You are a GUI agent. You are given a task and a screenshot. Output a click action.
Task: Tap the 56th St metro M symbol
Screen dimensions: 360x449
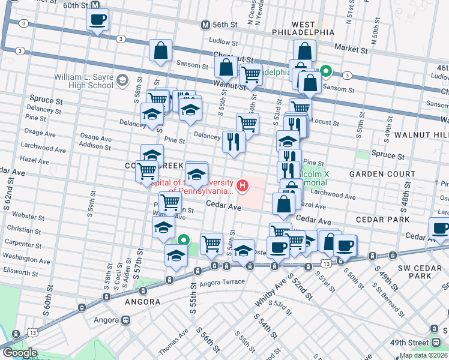[206, 25]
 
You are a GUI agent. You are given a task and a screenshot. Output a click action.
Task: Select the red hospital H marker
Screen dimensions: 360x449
[243, 186]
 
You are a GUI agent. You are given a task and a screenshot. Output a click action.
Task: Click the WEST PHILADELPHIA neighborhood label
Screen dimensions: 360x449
[303, 27]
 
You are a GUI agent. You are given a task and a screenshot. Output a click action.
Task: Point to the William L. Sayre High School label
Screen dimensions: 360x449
[84, 81]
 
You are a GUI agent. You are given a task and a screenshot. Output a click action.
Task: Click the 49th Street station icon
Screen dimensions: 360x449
[434, 329]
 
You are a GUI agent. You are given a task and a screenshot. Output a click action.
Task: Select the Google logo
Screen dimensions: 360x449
[19, 353]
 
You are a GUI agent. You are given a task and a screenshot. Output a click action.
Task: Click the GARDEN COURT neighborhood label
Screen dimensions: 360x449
[382, 174]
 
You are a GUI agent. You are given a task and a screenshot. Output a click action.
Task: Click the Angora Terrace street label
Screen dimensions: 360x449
[223, 281]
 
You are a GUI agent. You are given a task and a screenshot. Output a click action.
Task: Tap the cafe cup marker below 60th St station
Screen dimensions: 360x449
[97, 21]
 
